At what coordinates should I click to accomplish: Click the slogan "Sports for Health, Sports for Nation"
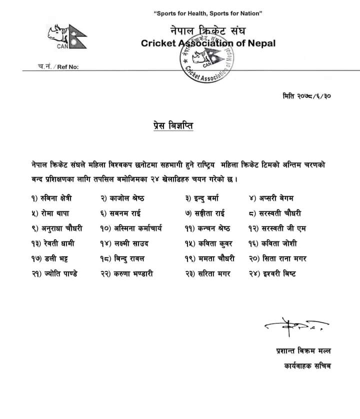(x=208, y=12)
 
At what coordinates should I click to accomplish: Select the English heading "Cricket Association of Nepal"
(x=208, y=43)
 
